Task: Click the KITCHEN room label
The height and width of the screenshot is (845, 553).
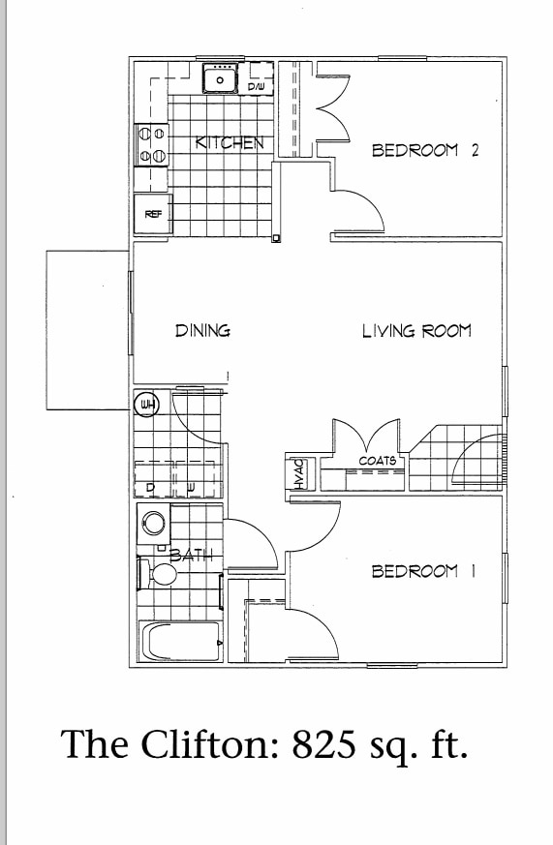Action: pyautogui.click(x=230, y=142)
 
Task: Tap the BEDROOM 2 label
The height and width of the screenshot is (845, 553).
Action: pyautogui.click(x=425, y=150)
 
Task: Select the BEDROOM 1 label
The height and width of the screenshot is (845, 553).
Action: pyautogui.click(x=423, y=571)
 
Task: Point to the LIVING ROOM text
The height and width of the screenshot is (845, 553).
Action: pyautogui.click(x=416, y=331)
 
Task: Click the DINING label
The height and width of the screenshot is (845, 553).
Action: pyautogui.click(x=202, y=331)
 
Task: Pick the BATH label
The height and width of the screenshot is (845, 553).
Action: pyautogui.click(x=197, y=556)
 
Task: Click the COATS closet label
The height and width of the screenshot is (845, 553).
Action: pyautogui.click(x=377, y=461)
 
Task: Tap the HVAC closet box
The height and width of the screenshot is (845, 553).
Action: pyautogui.click(x=299, y=474)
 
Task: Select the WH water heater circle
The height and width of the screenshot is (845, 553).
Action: pyautogui.click(x=147, y=405)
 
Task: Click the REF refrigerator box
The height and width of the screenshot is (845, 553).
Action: pyautogui.click(x=153, y=214)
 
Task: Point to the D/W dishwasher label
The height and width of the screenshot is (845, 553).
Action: pyautogui.click(x=256, y=88)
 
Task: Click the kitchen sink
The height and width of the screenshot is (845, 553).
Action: pyautogui.click(x=221, y=79)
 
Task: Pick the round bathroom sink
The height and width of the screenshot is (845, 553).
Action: pyautogui.click(x=153, y=524)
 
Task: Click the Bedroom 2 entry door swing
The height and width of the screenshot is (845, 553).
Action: pyautogui.click(x=359, y=208)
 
